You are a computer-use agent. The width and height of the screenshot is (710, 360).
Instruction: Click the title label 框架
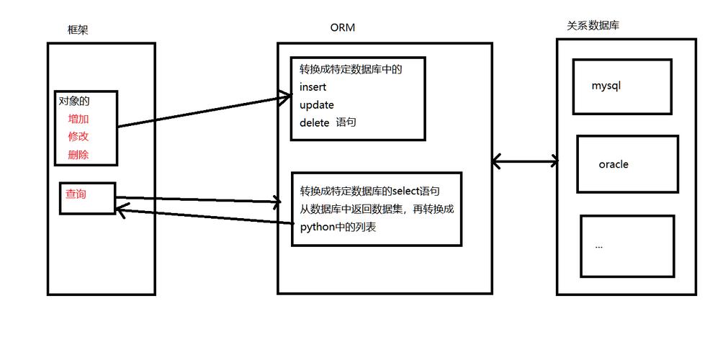[x=78, y=30]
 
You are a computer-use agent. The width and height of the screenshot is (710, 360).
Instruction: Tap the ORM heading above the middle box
[x=342, y=28]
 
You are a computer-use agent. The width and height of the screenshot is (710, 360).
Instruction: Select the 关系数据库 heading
[x=593, y=26]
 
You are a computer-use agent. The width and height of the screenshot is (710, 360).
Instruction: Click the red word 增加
[x=78, y=119]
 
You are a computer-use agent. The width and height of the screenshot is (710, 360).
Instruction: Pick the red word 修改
[x=78, y=137]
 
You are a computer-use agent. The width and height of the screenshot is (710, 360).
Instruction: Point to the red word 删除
[x=78, y=155]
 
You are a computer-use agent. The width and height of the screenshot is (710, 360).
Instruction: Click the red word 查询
[x=76, y=194]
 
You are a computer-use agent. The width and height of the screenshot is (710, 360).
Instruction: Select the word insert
[x=313, y=87]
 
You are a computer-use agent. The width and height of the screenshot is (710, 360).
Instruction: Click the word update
[x=317, y=105]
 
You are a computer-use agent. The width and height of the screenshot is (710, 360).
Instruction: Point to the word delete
[x=315, y=122]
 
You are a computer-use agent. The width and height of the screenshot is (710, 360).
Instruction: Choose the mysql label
[x=606, y=86]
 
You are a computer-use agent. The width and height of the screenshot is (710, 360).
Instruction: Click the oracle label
[x=614, y=164]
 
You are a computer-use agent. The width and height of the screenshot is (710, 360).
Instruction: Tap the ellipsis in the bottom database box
[x=599, y=246]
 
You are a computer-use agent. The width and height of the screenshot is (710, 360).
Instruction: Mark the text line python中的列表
[x=338, y=228]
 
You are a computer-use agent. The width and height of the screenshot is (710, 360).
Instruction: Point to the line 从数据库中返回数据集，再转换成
[x=377, y=210]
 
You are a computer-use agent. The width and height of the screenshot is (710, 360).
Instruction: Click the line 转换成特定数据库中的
[x=351, y=70]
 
